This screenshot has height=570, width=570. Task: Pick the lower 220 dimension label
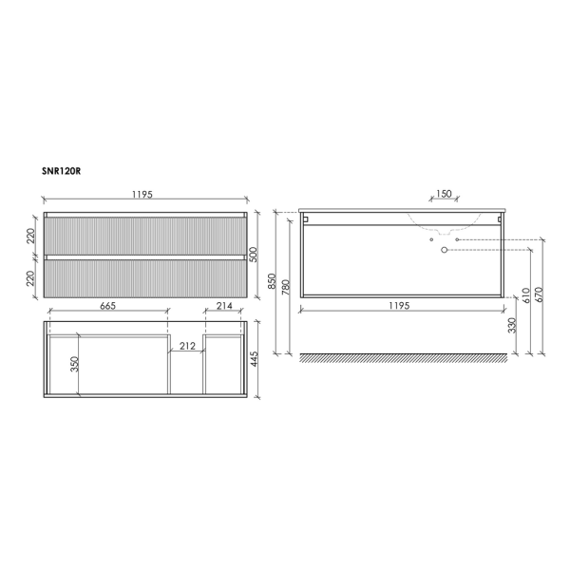point(30,279)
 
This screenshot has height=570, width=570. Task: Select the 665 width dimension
point(106,305)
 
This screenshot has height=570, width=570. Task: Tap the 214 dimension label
point(225,305)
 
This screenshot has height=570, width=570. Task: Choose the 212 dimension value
point(187,346)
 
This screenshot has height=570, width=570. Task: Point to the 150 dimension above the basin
point(442,195)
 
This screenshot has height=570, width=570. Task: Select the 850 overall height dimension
point(274,282)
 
